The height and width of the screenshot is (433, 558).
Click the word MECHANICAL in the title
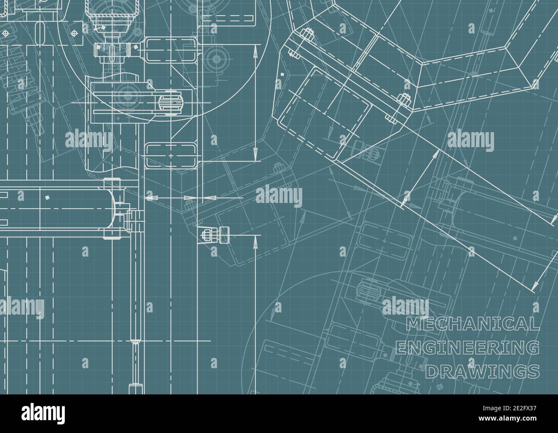tap(473, 324)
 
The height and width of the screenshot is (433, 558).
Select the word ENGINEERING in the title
tap(467, 348)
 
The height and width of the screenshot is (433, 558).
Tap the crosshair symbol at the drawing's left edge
tap(5, 33)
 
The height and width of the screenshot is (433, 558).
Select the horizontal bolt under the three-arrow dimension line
tap(215, 234)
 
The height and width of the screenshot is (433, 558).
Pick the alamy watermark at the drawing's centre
tap(279, 195)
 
